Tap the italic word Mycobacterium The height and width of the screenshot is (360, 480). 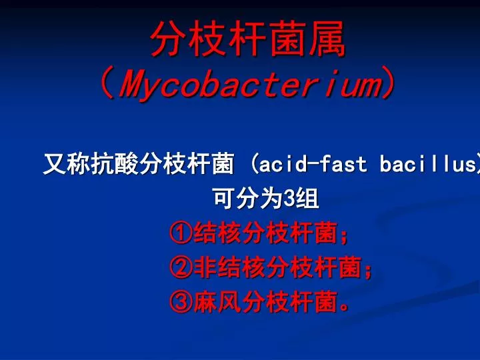point(248,85)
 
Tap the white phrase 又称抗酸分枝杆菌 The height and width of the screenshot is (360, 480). point(139,164)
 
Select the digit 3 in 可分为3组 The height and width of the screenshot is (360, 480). point(289,199)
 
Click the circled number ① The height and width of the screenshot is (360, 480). point(181,234)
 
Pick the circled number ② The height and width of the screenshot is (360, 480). point(181,269)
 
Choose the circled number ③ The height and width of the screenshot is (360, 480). point(181,303)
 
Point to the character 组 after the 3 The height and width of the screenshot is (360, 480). point(307,199)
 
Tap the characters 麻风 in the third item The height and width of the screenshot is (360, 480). point(217,303)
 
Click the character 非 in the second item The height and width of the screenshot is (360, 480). point(205,269)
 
